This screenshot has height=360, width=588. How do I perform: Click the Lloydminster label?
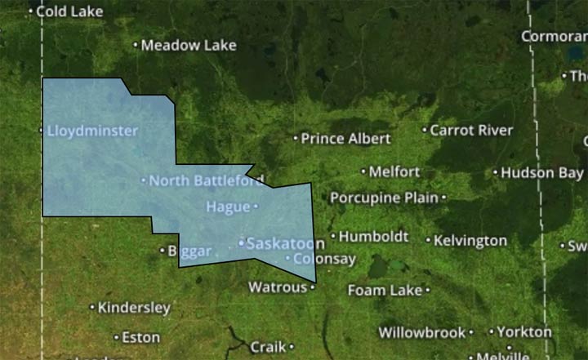[92, 131]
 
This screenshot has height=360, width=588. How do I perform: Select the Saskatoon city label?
[285, 243]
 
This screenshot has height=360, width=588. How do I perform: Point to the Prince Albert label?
[345, 139]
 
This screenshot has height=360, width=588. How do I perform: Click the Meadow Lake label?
[188, 45]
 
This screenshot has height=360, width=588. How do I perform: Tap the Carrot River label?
[471, 130]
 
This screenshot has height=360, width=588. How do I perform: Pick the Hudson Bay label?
[542, 172]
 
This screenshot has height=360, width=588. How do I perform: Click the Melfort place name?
[394, 171]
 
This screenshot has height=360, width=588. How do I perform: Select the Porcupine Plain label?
[384, 198]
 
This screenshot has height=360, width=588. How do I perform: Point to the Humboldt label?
[373, 236]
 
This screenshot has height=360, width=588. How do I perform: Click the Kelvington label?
[470, 241]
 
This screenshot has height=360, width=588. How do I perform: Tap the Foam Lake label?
[385, 290]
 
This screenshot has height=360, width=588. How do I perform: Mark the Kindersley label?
[134, 308]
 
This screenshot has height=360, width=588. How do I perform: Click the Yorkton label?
[524, 332]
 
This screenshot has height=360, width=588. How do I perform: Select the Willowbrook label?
[421, 332]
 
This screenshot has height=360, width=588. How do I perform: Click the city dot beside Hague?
[256, 207]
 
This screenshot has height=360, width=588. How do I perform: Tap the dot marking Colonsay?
[287, 259]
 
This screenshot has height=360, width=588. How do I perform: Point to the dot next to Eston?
[116, 336]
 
